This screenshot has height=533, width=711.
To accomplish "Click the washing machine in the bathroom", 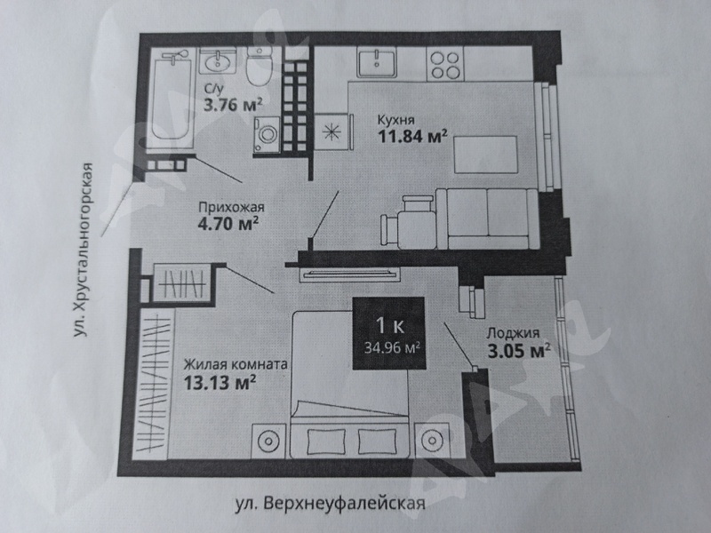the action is [x=267, y=134].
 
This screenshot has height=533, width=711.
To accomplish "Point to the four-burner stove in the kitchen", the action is [x=445, y=65].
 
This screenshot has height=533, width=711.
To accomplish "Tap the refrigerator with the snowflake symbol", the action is [x=332, y=131].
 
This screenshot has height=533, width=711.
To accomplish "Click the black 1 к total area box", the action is [x=389, y=333].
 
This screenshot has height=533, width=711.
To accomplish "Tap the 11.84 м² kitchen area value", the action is [x=412, y=136].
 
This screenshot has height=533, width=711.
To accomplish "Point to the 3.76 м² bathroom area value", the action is [x=233, y=105].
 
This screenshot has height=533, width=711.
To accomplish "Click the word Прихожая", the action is [x=231, y=208].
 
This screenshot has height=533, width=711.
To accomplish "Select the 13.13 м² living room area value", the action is [x=220, y=382].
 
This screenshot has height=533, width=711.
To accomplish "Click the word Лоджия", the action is [x=513, y=333].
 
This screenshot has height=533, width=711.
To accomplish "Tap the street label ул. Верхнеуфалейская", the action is [x=330, y=504].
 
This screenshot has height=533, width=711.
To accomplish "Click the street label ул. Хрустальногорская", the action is [x=84, y=251].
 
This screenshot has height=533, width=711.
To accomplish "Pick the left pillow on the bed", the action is [x=326, y=442].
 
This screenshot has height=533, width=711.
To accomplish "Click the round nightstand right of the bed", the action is [x=432, y=440].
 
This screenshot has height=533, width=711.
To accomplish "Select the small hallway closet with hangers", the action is [x=182, y=282].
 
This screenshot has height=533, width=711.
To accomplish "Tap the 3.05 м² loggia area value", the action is [x=519, y=351].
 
